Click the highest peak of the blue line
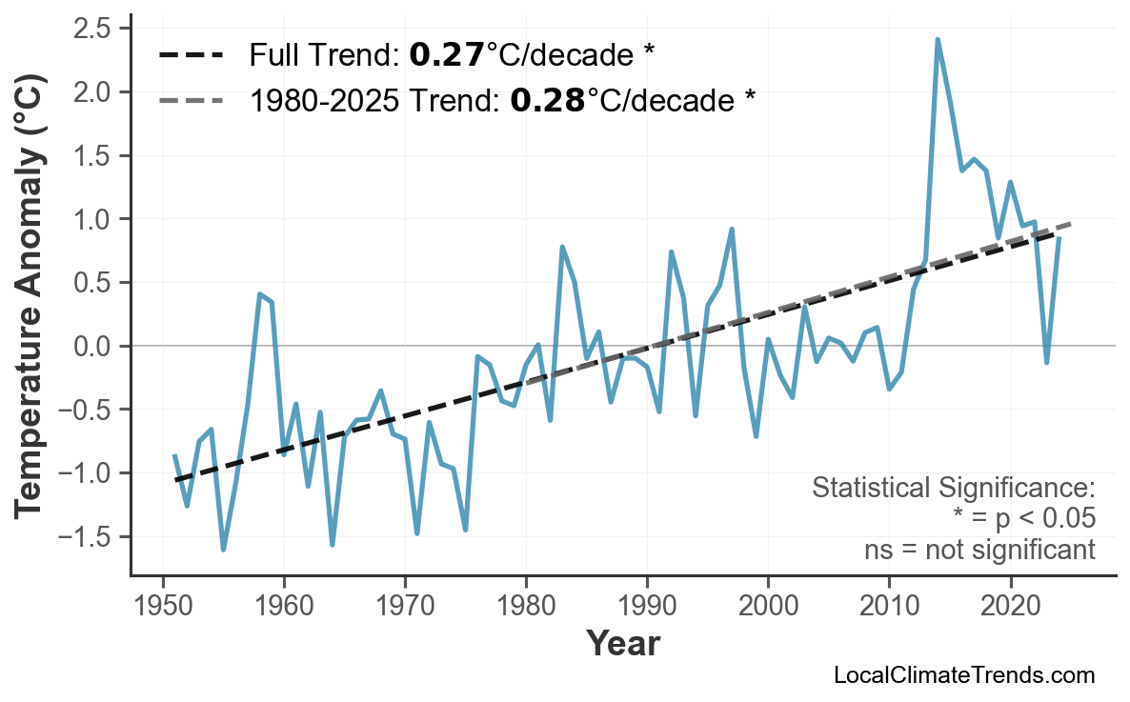(938, 40)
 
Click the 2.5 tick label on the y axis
(93, 29)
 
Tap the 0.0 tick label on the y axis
(93, 346)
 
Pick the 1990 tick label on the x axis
(647, 607)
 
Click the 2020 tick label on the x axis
(1010, 607)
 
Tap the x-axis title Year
(621, 644)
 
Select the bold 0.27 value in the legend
(446, 56)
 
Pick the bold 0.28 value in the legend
(547, 99)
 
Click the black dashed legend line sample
(191, 56)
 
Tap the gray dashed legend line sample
(191, 99)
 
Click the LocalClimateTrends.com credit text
(963, 675)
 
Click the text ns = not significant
(979, 550)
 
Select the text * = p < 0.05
(1023, 519)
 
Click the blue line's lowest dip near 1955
(223, 550)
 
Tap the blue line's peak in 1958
(259, 294)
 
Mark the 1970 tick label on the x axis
(405, 607)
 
